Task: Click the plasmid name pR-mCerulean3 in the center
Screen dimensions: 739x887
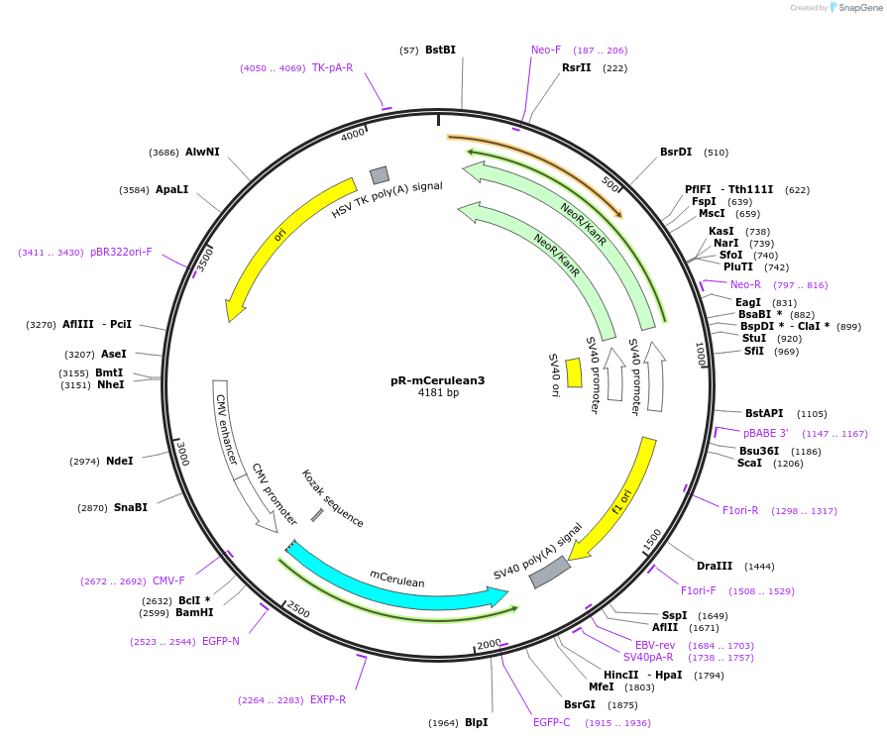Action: [x=437, y=380]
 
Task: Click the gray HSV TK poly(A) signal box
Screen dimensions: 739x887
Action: [x=380, y=175]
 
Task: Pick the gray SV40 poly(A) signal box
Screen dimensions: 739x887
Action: [x=550, y=572]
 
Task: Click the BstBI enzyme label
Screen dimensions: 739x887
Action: [x=440, y=50]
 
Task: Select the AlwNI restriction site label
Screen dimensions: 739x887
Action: [x=202, y=152]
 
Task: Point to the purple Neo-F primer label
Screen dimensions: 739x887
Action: [x=546, y=50]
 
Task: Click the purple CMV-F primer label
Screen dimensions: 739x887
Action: [x=168, y=581]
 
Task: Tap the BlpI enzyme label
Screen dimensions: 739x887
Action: [x=476, y=722]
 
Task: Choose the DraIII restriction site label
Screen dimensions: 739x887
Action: [x=715, y=566]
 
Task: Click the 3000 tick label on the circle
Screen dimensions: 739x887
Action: [x=182, y=453]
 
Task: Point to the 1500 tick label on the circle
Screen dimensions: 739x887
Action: [x=651, y=540]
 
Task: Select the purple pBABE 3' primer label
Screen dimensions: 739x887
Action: [x=765, y=433]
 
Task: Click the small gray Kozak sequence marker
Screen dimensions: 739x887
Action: [x=317, y=515]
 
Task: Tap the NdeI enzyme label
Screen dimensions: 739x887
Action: [x=119, y=461]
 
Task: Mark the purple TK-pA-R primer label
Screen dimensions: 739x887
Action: [x=332, y=67]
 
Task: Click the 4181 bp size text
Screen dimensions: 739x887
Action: [x=438, y=393]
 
